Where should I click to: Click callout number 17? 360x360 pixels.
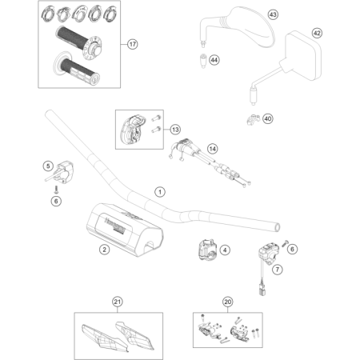[133, 43]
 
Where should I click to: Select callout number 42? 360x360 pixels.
[317, 33]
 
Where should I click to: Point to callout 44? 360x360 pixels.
[214, 59]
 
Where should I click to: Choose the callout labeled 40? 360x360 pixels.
[267, 119]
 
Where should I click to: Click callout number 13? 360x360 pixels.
[175, 129]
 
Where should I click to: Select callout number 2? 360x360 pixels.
[105, 250]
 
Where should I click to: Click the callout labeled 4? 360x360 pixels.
[225, 250]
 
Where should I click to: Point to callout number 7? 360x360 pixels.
[278, 270]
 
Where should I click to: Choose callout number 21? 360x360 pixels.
[118, 301]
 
